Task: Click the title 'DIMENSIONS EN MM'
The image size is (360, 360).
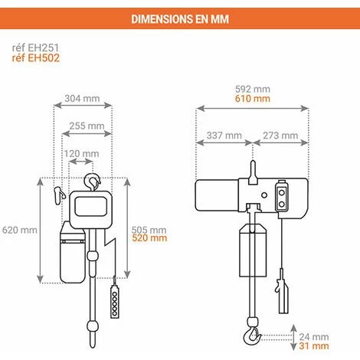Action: click(180, 19)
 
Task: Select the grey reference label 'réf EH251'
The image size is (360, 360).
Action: click(35, 47)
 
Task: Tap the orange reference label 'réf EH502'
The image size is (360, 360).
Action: click(35, 57)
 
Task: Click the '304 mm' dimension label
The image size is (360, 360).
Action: click(82, 98)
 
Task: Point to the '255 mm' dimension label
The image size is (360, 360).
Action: click(87, 126)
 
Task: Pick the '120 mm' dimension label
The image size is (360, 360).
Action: click(81, 154)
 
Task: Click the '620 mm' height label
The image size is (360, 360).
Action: click(20, 230)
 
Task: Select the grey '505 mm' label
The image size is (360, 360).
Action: click(149, 230)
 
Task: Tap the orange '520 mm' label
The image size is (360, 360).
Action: click(149, 238)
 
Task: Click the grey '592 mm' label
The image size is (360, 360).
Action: click(253, 89)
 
